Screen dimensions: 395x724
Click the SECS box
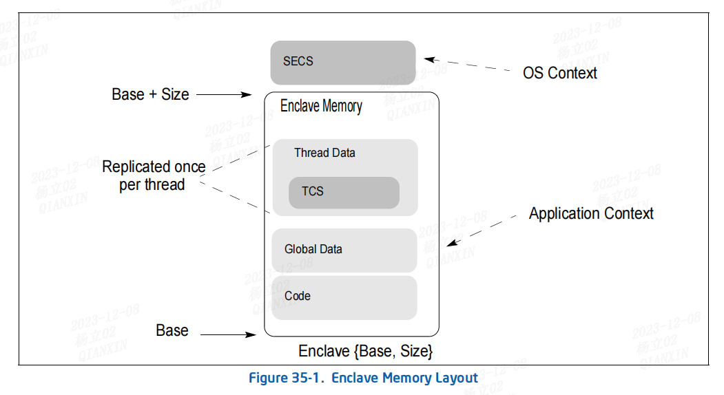pos(342,62)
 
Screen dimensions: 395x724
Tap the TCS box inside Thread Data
pos(344,192)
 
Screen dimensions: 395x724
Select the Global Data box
pos(344,250)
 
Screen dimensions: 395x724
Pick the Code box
pos(344,297)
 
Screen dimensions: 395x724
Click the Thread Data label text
pos(324,153)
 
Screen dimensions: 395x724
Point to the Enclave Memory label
pos(321,107)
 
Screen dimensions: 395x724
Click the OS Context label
pos(559,73)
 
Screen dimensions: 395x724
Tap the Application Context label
pos(591,214)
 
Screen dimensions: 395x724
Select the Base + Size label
pos(150,94)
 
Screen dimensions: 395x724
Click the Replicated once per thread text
pos(154,175)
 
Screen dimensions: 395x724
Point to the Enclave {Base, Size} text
pos(365,352)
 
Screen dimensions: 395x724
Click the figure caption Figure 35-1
pos(363,378)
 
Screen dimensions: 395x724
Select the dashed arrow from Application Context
pos(481,229)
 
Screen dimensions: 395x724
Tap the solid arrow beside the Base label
pos(227,335)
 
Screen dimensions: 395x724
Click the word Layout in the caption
pos(456,378)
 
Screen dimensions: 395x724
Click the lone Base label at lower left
pos(172,331)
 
